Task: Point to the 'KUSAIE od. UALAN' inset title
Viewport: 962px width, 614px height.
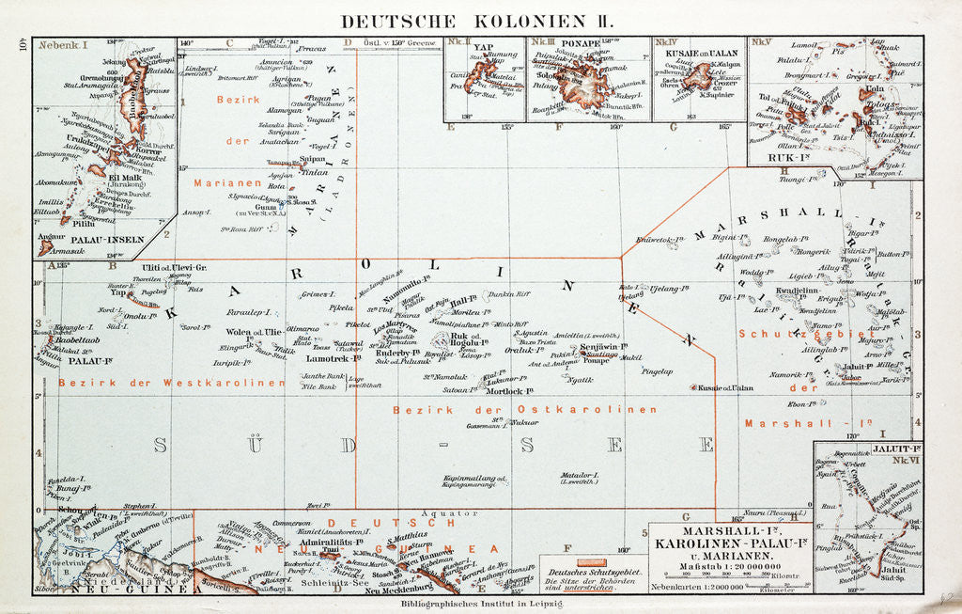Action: click(x=700, y=43)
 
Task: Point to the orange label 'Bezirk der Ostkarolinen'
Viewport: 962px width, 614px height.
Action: click(x=523, y=409)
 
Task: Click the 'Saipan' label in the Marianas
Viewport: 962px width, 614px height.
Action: click(x=312, y=159)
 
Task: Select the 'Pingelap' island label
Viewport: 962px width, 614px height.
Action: click(x=657, y=370)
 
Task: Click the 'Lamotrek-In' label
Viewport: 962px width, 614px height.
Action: click(x=329, y=359)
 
